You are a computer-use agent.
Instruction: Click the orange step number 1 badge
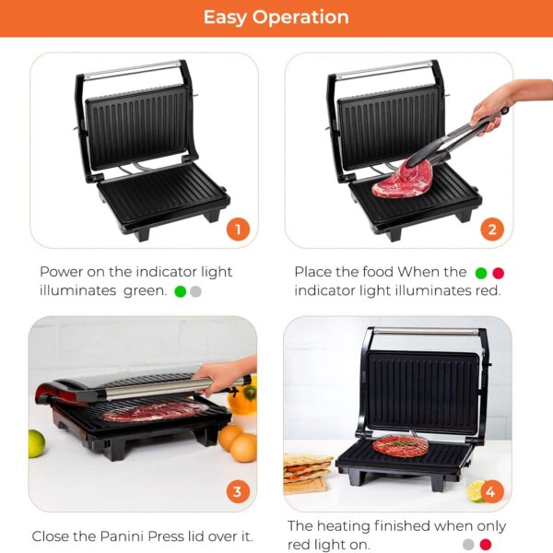click(x=238, y=229)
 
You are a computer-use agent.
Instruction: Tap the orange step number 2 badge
click(x=492, y=229)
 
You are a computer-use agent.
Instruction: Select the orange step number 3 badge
click(x=238, y=491)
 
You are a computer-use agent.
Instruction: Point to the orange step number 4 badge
click(x=491, y=491)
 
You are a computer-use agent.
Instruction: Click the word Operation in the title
click(x=300, y=17)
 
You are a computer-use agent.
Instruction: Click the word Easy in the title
click(x=225, y=18)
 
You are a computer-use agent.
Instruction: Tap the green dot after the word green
click(x=181, y=291)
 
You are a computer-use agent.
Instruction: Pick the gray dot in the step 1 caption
click(x=195, y=291)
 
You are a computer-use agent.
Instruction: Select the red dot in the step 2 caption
click(x=498, y=273)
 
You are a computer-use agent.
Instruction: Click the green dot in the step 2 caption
click(x=481, y=273)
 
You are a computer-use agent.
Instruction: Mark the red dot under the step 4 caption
click(x=486, y=545)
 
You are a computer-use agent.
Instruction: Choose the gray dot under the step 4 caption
click(x=468, y=545)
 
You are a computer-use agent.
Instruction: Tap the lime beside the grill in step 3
click(x=36, y=443)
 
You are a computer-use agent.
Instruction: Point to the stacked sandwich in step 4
click(x=306, y=473)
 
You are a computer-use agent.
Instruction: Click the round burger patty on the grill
click(x=400, y=446)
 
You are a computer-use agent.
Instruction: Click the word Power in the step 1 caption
click(x=61, y=272)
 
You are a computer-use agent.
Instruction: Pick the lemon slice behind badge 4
click(x=476, y=491)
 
